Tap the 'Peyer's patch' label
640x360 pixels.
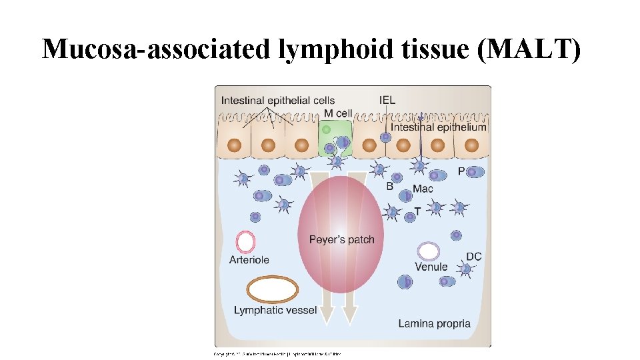(342, 239)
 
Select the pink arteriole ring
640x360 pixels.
(246, 241)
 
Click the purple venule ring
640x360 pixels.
(428, 251)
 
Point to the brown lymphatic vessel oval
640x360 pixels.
(273, 290)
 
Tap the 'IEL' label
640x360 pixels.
(387, 100)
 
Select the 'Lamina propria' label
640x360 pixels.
(434, 324)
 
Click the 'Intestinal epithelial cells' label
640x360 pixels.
(278, 101)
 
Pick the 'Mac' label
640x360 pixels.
(423, 189)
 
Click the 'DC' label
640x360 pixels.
(473, 257)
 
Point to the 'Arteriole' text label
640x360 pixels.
(249, 260)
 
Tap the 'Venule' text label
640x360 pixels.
(431, 267)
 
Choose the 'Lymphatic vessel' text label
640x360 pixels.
(275, 310)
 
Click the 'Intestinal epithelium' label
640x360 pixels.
(438, 127)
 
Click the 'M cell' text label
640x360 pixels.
(338, 113)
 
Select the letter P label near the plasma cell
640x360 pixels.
(461, 171)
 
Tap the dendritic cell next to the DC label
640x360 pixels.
(465, 269)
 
